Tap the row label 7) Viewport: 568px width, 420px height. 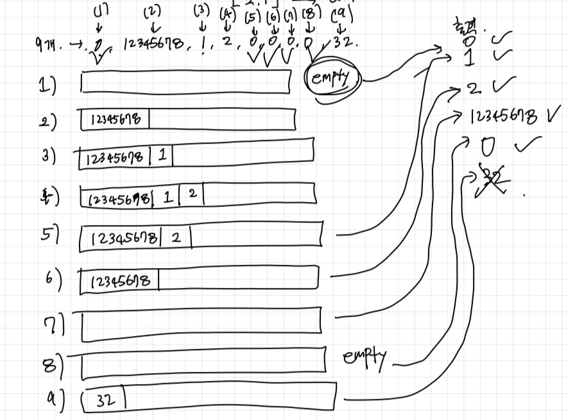tap(53, 326)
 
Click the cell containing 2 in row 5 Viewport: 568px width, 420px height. tap(176, 238)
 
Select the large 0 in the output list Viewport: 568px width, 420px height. tap(488, 148)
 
